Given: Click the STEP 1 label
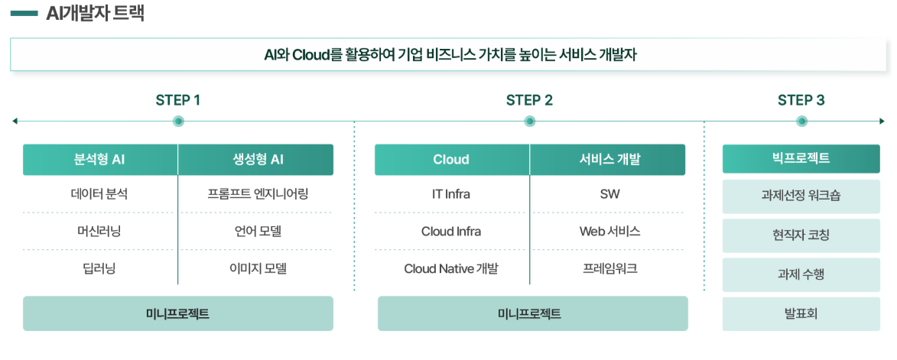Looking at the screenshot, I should click(178, 100).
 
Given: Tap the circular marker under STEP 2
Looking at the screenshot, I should click(529, 121).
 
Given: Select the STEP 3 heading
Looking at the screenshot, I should click(801, 100).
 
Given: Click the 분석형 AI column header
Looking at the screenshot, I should click(99, 160).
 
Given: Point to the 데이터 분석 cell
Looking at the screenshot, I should click(99, 194).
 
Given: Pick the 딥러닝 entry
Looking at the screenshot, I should click(99, 268).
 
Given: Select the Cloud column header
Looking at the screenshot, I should click(451, 160).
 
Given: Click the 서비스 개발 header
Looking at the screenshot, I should click(609, 160).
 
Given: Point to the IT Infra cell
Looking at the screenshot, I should click(451, 194).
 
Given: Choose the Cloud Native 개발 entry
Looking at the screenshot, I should click(451, 268).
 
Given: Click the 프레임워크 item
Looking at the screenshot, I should click(609, 268).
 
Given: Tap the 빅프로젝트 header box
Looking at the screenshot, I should click(801, 159).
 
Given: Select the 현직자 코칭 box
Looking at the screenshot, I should click(801, 235).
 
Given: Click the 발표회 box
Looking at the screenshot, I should click(801, 313).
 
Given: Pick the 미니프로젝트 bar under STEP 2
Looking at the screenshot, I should click(532, 313).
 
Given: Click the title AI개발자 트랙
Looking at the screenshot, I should click(95, 13).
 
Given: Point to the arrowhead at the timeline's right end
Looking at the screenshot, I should click(882, 121).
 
